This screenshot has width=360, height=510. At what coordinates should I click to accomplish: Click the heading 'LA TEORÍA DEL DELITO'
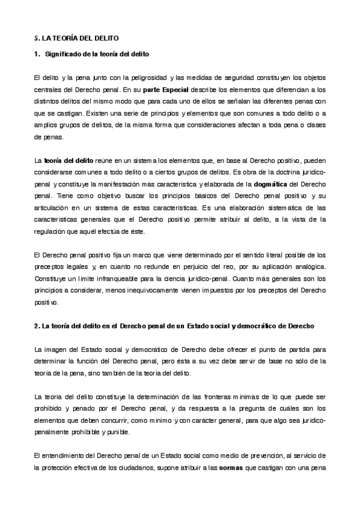coord(81,37)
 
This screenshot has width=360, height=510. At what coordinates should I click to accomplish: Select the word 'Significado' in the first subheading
coord(63,55)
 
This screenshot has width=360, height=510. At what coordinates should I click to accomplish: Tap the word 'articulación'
coord(54,206)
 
